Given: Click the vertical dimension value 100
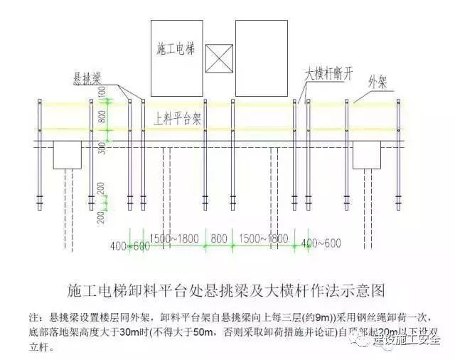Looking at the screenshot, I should [x=102, y=92].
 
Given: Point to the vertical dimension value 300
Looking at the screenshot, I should [x=102, y=149].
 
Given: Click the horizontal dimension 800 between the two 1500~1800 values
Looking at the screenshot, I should [x=220, y=238].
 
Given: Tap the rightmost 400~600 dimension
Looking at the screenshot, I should [x=321, y=243].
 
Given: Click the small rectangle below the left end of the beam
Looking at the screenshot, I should [x=68, y=154].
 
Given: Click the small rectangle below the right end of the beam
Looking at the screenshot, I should [x=369, y=154].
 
